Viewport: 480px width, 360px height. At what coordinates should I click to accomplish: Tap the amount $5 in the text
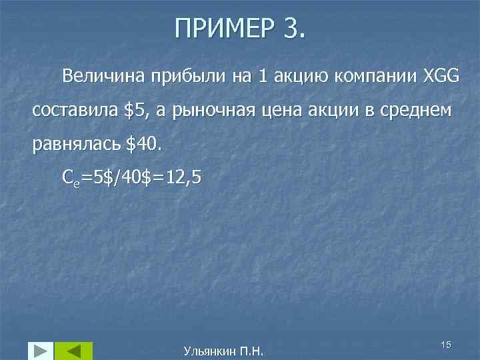click(137, 110)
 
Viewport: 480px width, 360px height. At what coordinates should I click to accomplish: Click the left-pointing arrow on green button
click(73, 351)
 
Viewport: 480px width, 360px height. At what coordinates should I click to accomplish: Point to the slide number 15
click(446, 344)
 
